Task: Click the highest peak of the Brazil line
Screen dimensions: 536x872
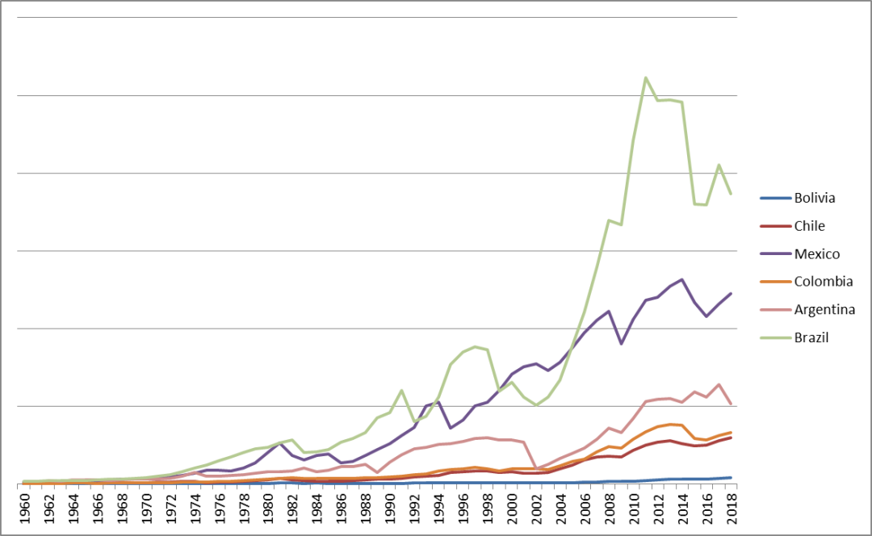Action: click(x=646, y=77)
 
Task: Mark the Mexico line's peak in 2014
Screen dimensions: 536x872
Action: click(x=682, y=279)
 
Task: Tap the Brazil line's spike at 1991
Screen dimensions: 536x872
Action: click(x=402, y=391)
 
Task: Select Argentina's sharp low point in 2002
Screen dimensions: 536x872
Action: click(x=537, y=468)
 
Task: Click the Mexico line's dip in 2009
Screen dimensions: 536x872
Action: click(x=621, y=344)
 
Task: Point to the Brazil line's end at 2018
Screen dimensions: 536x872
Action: click(x=731, y=194)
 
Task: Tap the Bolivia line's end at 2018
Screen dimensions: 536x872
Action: click(x=731, y=477)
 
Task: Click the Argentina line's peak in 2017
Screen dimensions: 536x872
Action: click(x=719, y=384)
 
